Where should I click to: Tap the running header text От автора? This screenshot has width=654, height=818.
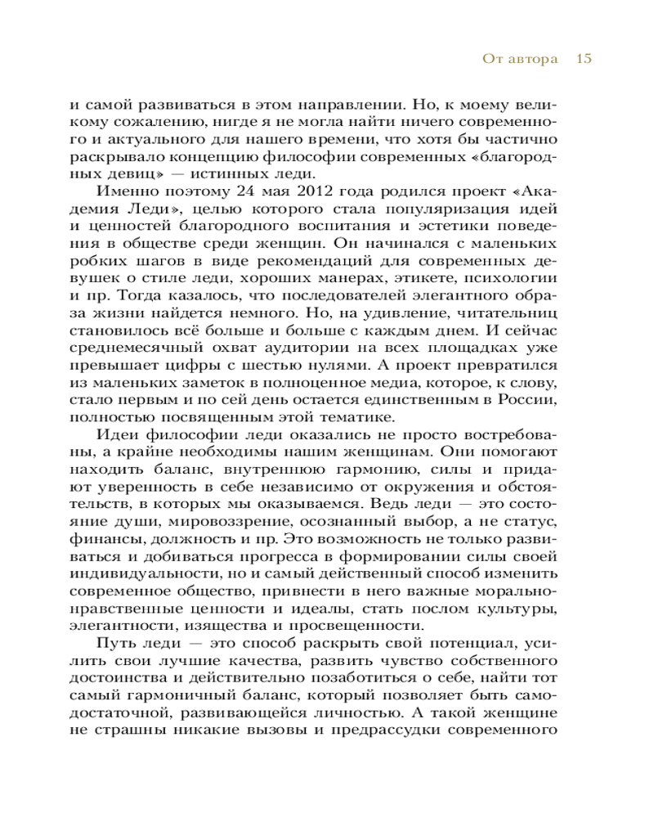pyautogui.click(x=509, y=59)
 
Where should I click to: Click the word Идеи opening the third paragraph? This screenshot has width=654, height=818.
pyautogui.click(x=118, y=434)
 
